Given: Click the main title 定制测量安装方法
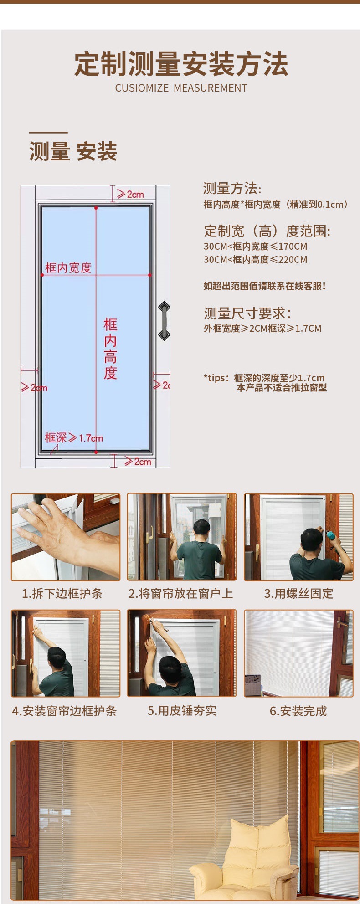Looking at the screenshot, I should (181, 64).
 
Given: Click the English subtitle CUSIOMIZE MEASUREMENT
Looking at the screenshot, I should (181, 88).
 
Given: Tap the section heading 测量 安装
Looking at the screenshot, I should (73, 151).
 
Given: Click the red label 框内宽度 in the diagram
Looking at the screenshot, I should (68, 268).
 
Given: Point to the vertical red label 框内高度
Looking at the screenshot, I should (110, 349).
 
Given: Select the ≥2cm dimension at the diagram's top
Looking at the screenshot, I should (130, 194).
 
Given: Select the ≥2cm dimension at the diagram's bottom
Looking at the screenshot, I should (137, 462).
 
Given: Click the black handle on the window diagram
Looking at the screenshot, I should (164, 321).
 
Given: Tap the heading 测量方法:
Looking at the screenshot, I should (232, 188).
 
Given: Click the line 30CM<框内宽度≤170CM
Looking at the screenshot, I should (255, 247).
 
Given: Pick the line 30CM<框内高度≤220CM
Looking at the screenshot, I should (255, 260).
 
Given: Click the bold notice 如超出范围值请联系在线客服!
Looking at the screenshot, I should (264, 286).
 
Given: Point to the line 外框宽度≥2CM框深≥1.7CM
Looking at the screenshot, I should (262, 329).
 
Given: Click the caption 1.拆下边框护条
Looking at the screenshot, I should (62, 593).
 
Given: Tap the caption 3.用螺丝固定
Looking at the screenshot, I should (298, 593).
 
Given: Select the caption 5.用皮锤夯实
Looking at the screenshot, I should (182, 711).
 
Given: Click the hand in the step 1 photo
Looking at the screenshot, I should (59, 531).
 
